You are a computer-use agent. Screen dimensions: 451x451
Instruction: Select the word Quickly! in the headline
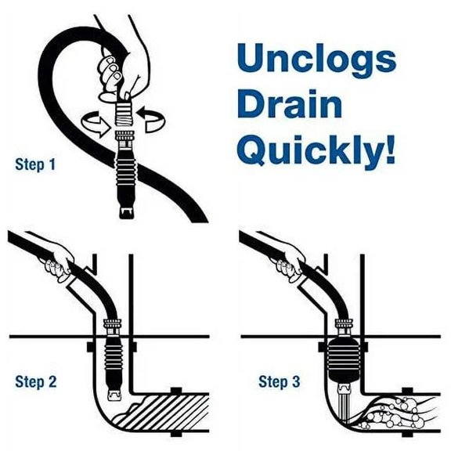tap(314, 150)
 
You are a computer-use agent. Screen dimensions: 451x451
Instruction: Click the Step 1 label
tap(35, 165)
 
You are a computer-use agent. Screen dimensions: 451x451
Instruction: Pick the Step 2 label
tap(35, 382)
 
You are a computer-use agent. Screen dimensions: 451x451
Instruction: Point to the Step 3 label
tap(279, 382)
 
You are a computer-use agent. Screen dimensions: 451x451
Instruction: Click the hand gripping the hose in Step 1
tap(117, 67)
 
